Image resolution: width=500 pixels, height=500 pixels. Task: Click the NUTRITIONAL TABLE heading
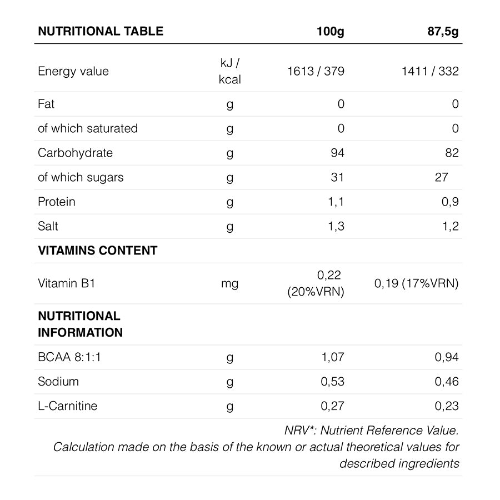[101, 31]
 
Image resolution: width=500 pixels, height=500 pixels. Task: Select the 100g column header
[330, 31]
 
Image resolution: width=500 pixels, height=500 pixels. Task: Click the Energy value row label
[73, 71]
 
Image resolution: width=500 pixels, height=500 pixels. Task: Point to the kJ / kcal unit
[229, 71]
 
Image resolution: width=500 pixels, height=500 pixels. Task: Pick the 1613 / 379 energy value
[316, 71]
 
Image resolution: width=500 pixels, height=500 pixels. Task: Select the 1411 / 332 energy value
[430, 71]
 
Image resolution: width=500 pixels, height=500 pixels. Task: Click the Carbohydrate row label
[75, 153]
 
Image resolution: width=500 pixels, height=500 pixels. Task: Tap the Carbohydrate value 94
[337, 153]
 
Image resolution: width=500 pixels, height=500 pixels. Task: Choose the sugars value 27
[441, 177]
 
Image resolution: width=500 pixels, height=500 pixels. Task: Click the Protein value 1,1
[336, 202]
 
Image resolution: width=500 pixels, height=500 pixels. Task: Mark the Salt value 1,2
[450, 226]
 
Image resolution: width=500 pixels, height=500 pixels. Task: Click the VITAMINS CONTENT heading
[97, 251]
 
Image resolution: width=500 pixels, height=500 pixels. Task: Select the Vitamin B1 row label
[67, 283]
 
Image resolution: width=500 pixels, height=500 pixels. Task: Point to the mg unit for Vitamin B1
[229, 283]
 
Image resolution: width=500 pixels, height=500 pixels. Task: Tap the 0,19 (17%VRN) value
[417, 283]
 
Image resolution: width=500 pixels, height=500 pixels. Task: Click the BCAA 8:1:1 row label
[69, 357]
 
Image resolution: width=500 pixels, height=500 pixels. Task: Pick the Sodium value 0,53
[333, 382]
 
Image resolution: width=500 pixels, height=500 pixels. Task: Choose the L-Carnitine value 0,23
[447, 406]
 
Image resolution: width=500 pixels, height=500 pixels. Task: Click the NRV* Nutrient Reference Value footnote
[372, 430]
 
